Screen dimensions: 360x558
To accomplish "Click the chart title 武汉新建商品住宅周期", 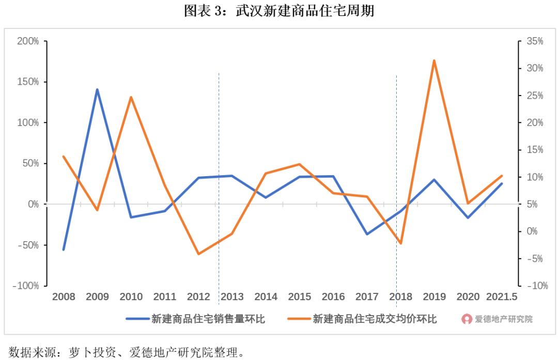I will (x=279, y=11).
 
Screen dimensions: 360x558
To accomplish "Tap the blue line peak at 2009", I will (x=97, y=89).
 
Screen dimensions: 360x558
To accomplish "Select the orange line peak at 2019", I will (x=434, y=60).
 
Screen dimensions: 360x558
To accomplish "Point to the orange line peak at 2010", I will (x=131, y=97).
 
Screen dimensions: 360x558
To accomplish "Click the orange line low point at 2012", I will (x=198, y=254).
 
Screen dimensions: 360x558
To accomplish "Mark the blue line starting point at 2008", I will (x=64, y=249).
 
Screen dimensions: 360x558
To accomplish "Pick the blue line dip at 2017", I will (x=367, y=234).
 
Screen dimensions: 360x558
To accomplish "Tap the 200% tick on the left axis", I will (x=28, y=41).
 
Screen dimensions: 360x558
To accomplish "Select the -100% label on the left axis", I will (x=26, y=286).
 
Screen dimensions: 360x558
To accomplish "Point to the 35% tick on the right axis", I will (x=534, y=41).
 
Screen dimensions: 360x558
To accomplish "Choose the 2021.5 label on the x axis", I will (x=501, y=297).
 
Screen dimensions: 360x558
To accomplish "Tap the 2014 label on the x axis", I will (x=266, y=297).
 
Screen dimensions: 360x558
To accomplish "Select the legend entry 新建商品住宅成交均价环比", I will (x=374, y=319).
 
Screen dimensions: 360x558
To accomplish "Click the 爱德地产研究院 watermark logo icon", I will (x=467, y=319).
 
